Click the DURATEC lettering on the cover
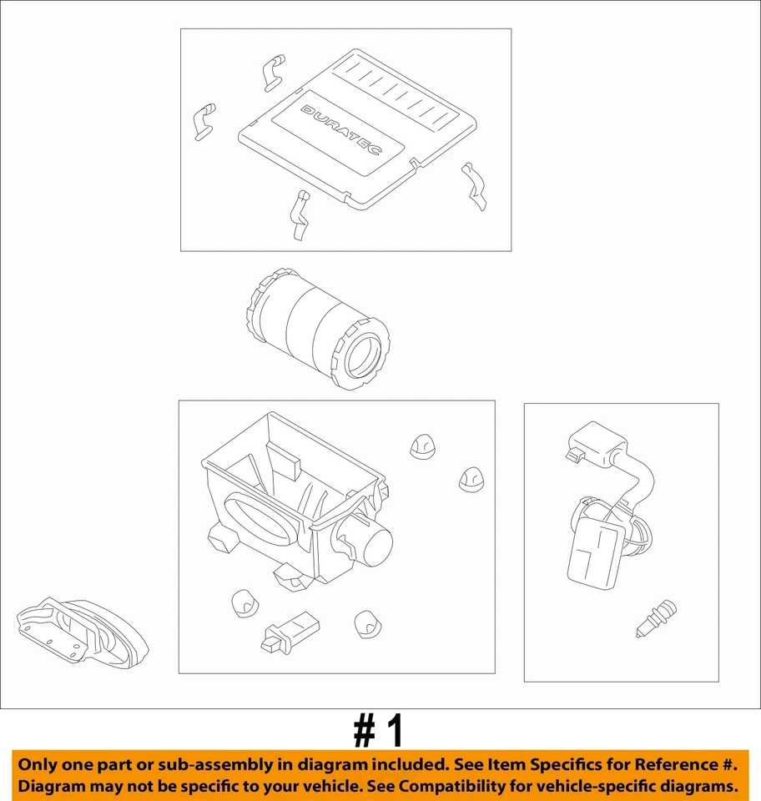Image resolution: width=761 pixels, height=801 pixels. (341, 130)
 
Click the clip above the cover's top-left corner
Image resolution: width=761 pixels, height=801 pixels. (275, 72)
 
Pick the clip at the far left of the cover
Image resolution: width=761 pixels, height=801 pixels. (204, 121)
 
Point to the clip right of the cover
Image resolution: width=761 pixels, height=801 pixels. (473, 186)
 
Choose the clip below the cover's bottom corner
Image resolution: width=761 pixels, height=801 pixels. (300, 215)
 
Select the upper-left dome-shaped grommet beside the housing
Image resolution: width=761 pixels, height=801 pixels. (422, 446)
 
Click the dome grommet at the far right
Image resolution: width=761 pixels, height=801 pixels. (471, 479)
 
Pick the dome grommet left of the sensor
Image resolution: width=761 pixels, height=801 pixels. (244, 603)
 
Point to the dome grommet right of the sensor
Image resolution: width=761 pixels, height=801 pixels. (368, 624)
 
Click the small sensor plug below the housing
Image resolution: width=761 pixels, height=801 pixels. (290, 632)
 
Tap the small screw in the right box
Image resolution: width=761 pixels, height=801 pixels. (656, 618)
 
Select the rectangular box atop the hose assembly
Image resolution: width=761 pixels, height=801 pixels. (596, 444)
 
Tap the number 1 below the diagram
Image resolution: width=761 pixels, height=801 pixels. (394, 732)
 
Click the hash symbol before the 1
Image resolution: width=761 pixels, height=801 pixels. (365, 732)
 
